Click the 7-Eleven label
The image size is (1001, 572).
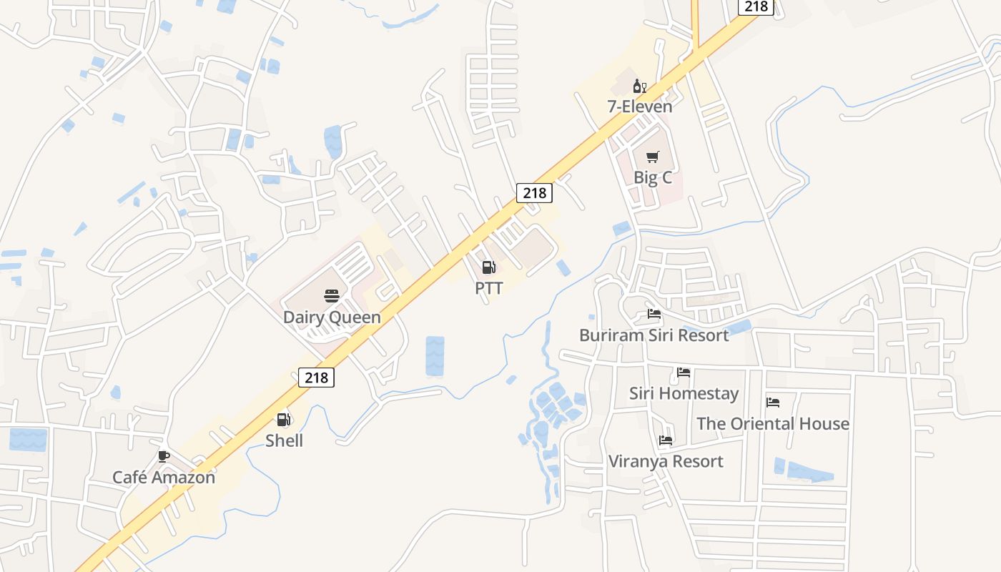tap(640, 107)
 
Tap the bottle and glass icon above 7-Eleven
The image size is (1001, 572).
tap(639, 87)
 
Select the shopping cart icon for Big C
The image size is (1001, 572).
tap(652, 157)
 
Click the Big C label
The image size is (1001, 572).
tap(653, 177)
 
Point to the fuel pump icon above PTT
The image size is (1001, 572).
tap(489, 267)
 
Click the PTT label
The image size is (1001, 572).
tap(489, 288)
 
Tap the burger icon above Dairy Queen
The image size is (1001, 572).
tap(331, 296)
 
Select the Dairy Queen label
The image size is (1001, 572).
tap(332, 317)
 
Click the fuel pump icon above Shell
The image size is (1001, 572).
tap(284, 420)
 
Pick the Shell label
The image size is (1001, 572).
tap(284, 440)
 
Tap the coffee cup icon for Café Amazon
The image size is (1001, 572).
tap(164, 456)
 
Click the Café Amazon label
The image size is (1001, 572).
tap(164, 477)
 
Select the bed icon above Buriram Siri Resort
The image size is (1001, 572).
tap(654, 313)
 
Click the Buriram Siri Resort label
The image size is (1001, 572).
tap(654, 335)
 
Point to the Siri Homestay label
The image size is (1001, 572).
tap(684, 393)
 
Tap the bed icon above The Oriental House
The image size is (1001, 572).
tap(773, 403)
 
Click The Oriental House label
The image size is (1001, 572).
tap(773, 423)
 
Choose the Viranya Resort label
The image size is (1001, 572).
tap(666, 461)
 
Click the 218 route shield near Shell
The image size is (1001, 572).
tap(316, 377)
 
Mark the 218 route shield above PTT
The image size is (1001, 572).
tap(534, 192)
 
